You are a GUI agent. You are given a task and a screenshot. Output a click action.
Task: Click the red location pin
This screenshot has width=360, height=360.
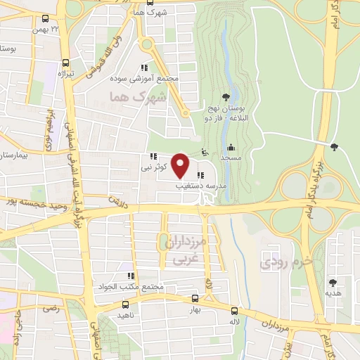tap(181, 165)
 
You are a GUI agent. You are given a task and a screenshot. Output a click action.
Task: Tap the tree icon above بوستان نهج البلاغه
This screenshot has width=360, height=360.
tap(226, 97)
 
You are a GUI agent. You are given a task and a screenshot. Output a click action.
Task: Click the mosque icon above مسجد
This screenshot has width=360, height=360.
tap(231, 148)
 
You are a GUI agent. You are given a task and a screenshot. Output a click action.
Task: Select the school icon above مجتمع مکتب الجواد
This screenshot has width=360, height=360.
tap(130, 276)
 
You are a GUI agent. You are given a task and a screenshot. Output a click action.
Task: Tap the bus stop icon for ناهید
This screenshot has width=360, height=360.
tap(125, 305)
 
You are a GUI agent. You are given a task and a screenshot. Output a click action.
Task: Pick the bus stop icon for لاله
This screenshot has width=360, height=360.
tap(235, 309)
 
